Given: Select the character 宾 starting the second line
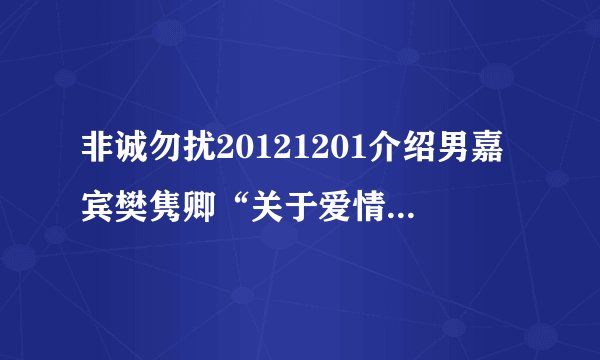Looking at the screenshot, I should tap(98, 209).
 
